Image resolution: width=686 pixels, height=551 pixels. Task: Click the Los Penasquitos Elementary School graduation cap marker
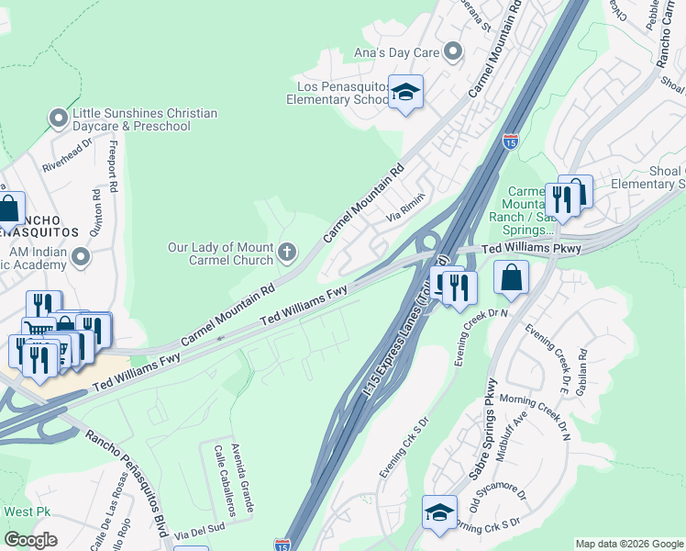[x=405, y=92]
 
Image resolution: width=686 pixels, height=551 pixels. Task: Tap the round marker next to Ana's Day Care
[x=452, y=51]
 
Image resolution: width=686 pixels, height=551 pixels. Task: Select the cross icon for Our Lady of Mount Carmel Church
[x=287, y=251]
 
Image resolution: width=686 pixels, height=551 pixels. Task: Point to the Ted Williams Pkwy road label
[x=518, y=249]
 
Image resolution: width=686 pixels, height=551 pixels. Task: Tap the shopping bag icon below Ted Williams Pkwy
[x=511, y=276]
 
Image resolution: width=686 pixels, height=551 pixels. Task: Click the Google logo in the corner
[x=30, y=540]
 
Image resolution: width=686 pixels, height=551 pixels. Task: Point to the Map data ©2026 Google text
[x=628, y=544]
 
